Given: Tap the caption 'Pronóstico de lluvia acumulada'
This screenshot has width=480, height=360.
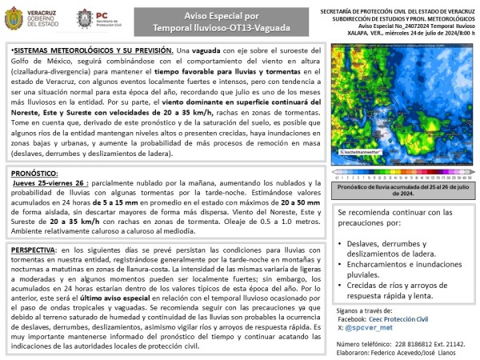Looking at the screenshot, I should coord(398,186).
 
